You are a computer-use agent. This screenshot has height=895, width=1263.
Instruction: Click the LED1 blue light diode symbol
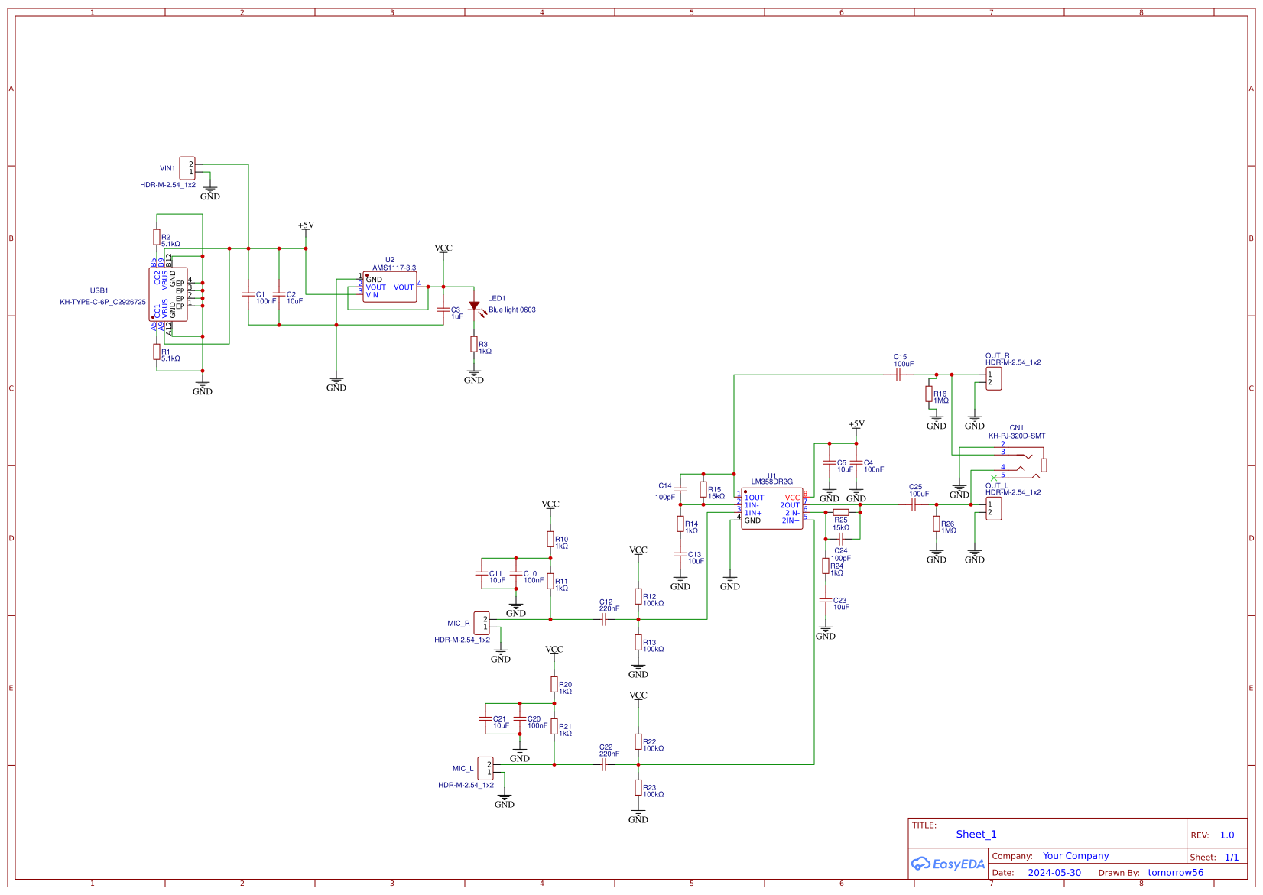pyautogui.click(x=474, y=306)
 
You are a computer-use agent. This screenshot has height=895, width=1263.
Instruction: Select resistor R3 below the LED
pyautogui.click(x=474, y=345)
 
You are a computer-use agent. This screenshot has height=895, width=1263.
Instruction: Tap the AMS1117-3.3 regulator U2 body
pyautogui.click(x=390, y=287)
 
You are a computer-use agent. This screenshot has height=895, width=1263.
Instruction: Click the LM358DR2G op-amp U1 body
pyautogui.click(x=772, y=508)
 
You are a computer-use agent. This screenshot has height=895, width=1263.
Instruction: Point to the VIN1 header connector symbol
pyautogui.click(x=187, y=168)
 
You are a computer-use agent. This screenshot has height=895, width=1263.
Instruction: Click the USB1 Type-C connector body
pyautogui.click(x=168, y=294)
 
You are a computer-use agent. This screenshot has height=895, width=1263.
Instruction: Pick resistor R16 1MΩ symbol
pyautogui.click(x=929, y=394)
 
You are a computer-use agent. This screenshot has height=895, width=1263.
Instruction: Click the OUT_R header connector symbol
pyautogui.click(x=993, y=378)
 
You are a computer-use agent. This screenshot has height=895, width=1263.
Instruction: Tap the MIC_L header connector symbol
pyautogui.click(x=485, y=768)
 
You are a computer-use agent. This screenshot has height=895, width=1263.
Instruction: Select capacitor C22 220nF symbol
pyautogui.click(x=604, y=764)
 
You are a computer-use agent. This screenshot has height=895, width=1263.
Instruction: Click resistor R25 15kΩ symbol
pyautogui.click(x=841, y=512)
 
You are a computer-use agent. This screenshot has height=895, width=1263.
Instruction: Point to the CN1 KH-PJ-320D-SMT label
pyautogui.click(x=1016, y=436)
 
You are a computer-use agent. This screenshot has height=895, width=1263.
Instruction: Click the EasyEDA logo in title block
pyautogui.click(x=948, y=864)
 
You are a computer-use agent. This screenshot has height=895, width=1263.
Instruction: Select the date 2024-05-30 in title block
pyautogui.click(x=1054, y=873)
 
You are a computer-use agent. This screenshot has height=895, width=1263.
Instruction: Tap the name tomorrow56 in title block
pyautogui.click(x=1175, y=873)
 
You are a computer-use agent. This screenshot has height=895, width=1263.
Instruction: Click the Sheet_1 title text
pyautogui.click(x=976, y=835)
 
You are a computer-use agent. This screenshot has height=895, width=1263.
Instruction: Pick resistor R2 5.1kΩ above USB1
pyautogui.click(x=157, y=238)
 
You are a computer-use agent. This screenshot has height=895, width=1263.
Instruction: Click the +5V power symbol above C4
pyautogui.click(x=856, y=425)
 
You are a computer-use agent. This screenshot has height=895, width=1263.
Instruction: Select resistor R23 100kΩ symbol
pyautogui.click(x=638, y=788)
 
